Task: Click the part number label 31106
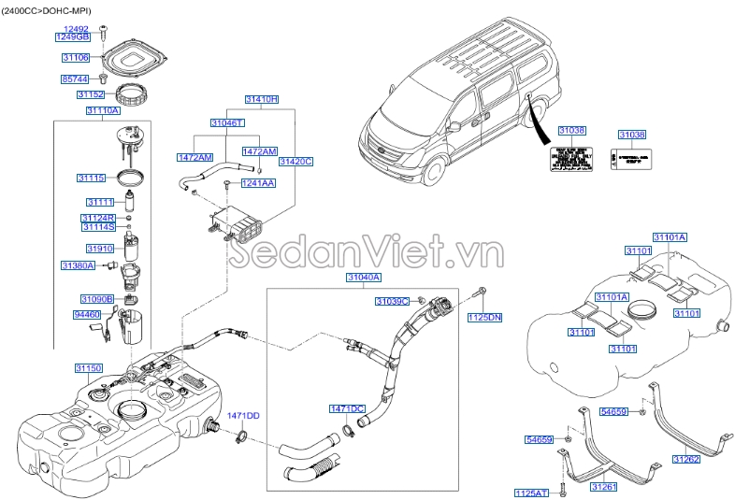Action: tap(75, 58)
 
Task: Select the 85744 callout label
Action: tap(75, 79)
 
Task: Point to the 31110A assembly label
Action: tap(103, 110)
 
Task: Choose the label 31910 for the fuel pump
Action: tap(100, 249)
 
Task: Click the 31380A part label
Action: tap(79, 266)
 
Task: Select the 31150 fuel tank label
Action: tap(90, 369)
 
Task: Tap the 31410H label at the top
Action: tap(262, 98)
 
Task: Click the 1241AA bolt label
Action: tap(258, 184)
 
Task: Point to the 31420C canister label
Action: tap(295, 162)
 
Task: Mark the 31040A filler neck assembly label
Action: tap(364, 278)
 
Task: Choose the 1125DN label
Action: tap(484, 319)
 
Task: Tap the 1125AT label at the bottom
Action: tap(531, 493)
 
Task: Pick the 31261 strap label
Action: tap(603, 487)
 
